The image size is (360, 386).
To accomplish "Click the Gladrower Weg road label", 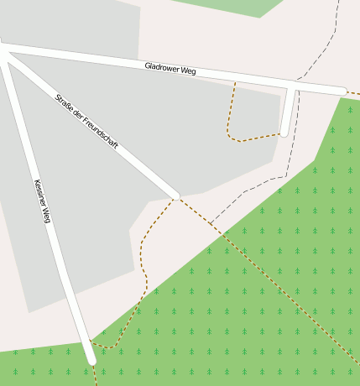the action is pos(170,70).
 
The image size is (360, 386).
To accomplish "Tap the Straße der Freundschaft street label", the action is pos(86,123).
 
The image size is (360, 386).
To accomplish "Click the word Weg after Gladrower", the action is pos(189,72).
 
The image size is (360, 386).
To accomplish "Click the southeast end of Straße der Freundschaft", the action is pos(175,196).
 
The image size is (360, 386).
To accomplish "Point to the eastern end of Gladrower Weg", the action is pos(342,91).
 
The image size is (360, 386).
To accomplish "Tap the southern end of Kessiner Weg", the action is pos(91,360).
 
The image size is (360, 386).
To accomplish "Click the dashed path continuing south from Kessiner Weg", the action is pos(95,376).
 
